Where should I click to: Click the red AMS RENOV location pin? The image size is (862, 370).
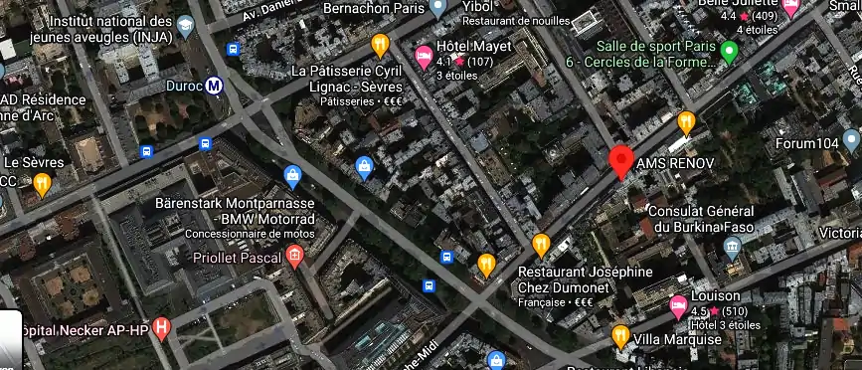point(621,160)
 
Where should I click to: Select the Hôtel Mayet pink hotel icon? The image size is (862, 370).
point(424,54)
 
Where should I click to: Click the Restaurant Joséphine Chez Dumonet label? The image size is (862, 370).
point(586,278)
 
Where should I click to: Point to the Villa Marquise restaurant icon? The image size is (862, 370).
point(620,336)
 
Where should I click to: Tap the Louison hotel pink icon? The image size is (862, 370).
point(679,304)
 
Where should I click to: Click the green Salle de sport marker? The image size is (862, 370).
point(729,51)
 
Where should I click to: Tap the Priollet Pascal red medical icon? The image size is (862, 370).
point(293,257)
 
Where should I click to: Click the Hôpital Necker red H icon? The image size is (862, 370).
point(161,327)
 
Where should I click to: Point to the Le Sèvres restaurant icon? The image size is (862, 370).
point(42,183)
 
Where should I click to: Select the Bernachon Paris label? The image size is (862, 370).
point(373,8)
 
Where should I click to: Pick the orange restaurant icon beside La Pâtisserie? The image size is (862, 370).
point(380,45)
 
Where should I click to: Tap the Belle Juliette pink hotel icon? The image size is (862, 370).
point(791,8)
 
